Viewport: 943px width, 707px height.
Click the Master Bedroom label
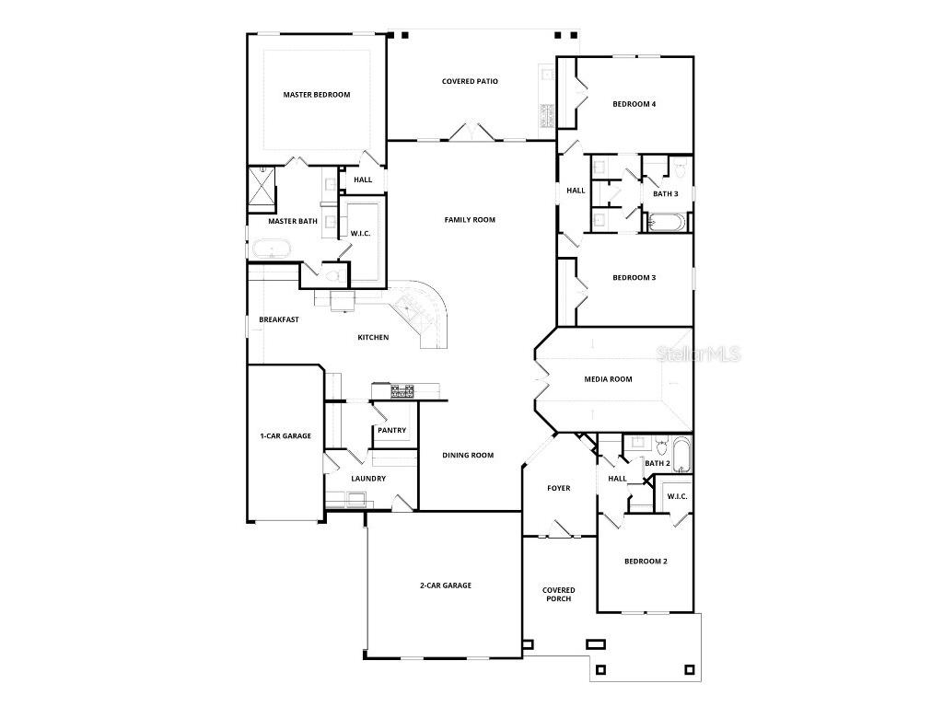click(x=316, y=95)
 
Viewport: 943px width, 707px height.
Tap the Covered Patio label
click(x=470, y=82)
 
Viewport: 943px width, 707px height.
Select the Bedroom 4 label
click(x=634, y=104)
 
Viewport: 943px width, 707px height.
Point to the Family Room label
click(x=470, y=220)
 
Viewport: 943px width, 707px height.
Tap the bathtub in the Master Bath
click(x=272, y=249)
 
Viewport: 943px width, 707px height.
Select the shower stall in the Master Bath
click(x=261, y=190)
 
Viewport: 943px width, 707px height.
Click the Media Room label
click(x=608, y=379)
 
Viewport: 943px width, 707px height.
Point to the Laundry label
click(x=368, y=479)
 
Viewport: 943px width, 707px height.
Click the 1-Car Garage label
click(x=285, y=436)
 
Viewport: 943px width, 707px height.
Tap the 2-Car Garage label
click(x=446, y=585)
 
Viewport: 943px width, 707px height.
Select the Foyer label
click(x=558, y=489)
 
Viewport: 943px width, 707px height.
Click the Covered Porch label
click(x=558, y=595)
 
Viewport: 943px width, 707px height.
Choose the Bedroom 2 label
click(x=645, y=562)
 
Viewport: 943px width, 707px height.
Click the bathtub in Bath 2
click(x=681, y=455)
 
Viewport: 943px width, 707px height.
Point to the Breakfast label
click(x=278, y=320)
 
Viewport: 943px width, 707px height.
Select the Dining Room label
click(x=468, y=456)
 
